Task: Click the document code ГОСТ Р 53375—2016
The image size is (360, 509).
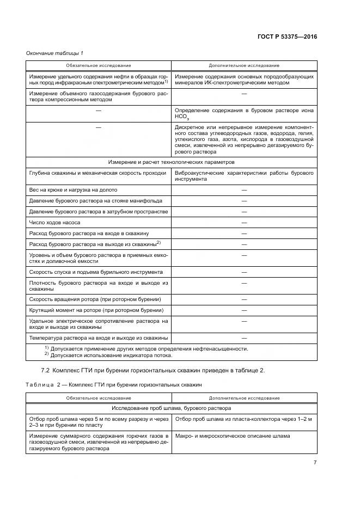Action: tap(287, 37)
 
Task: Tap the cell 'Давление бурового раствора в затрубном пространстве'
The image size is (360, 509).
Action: tap(98, 212)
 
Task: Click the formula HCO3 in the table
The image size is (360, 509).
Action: tap(181, 116)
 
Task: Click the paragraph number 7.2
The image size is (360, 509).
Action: tap(38, 370)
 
